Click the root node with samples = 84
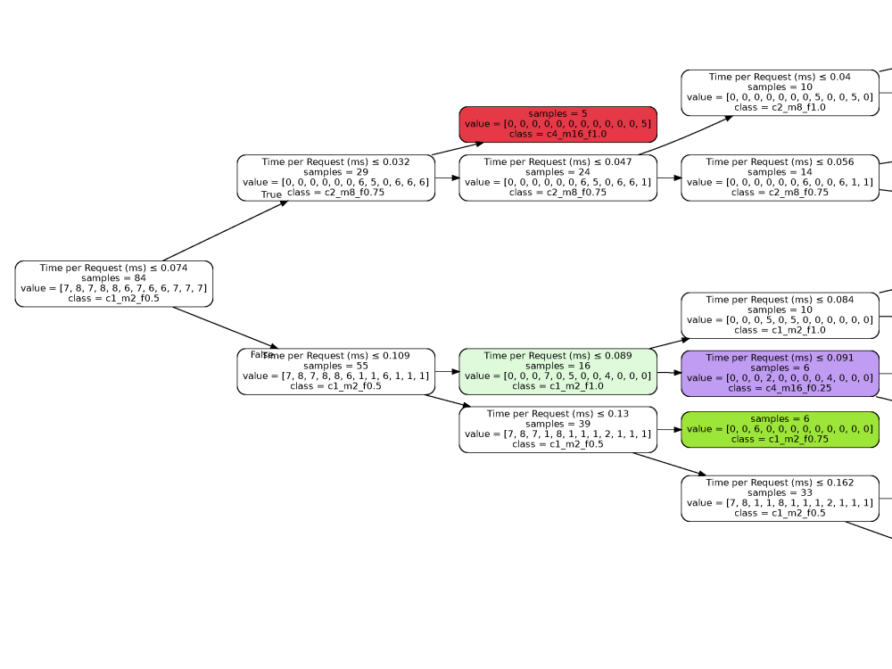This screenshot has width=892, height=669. [113, 283]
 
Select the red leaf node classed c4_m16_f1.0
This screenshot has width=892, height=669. [557, 123]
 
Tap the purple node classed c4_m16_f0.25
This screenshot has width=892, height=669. [780, 373]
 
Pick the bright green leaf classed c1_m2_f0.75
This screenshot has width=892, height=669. [780, 429]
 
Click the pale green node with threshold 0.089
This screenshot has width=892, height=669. [557, 371]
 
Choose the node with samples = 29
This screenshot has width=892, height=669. [335, 177]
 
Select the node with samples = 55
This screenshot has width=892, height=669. [335, 371]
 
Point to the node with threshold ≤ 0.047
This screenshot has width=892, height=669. [557, 177]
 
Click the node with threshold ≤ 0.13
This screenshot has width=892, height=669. [557, 429]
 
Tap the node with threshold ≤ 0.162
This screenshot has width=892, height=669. [780, 498]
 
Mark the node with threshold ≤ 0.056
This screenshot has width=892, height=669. [780, 177]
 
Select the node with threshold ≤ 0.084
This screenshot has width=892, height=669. [780, 314]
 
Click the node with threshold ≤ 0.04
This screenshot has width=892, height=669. [780, 92]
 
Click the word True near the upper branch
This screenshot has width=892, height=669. [271, 194]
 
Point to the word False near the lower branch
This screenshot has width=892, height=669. [260, 354]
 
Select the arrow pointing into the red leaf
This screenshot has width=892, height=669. [458, 149]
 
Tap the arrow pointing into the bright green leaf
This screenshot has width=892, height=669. [669, 429]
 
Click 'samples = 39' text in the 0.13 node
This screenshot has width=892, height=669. [557, 424]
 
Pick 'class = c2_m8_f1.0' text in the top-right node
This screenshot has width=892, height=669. [780, 107]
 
